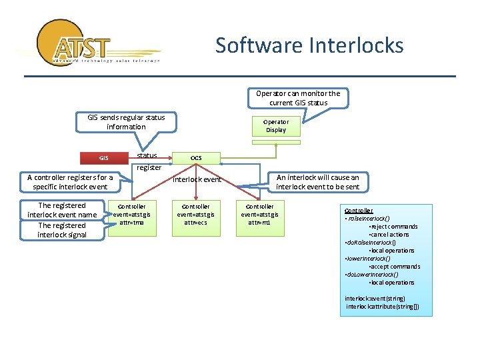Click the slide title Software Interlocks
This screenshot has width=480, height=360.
point(309,45)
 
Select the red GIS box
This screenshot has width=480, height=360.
point(103,158)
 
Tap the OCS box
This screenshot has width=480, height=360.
point(196,158)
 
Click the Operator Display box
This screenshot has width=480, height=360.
point(276,126)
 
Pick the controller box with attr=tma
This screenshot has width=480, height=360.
point(132,214)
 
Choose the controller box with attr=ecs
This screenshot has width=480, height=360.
point(196,214)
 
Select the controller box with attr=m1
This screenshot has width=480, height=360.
point(260,214)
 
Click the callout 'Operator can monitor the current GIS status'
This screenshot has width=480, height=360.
point(298,98)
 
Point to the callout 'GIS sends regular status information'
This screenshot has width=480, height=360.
point(126,122)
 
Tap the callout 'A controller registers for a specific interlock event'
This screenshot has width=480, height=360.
point(70,182)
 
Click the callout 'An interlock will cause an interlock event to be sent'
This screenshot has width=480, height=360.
point(317,182)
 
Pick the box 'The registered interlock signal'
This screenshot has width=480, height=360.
point(62,230)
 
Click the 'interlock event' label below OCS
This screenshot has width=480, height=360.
point(197,179)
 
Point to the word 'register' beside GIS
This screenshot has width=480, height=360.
point(149,167)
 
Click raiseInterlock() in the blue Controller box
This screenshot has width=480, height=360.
point(368,219)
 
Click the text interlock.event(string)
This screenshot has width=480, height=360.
point(375,299)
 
